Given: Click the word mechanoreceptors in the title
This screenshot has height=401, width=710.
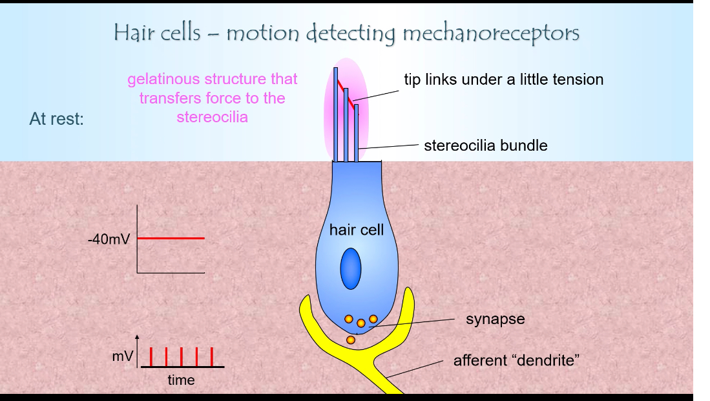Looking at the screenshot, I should [x=490, y=33].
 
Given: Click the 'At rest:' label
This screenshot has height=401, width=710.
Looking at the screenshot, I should [x=57, y=119].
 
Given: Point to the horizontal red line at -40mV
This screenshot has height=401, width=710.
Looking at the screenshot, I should [x=171, y=238].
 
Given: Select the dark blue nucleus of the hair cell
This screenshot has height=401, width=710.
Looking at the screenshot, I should [x=351, y=268].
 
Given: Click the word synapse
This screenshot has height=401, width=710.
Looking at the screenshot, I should [x=496, y=319].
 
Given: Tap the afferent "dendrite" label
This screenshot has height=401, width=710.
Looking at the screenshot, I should [x=516, y=360].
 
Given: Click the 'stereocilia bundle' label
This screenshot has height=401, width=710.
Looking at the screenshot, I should [x=485, y=146].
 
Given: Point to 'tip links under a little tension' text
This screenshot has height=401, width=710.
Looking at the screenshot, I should [x=503, y=80].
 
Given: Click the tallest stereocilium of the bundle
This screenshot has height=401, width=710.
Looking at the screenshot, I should [x=336, y=113].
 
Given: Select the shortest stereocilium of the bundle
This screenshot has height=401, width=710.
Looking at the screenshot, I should [x=356, y=133].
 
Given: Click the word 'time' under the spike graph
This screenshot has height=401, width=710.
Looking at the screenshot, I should [x=181, y=380].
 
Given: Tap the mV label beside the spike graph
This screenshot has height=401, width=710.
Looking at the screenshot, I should [x=123, y=356].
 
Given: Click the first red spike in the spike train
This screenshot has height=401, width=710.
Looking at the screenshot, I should [x=151, y=356].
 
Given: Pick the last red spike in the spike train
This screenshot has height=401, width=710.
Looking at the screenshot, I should [x=213, y=356].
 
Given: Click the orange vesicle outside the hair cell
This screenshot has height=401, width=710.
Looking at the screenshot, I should [x=351, y=340].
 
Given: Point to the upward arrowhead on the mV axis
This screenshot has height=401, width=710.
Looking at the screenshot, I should [x=137, y=338].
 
